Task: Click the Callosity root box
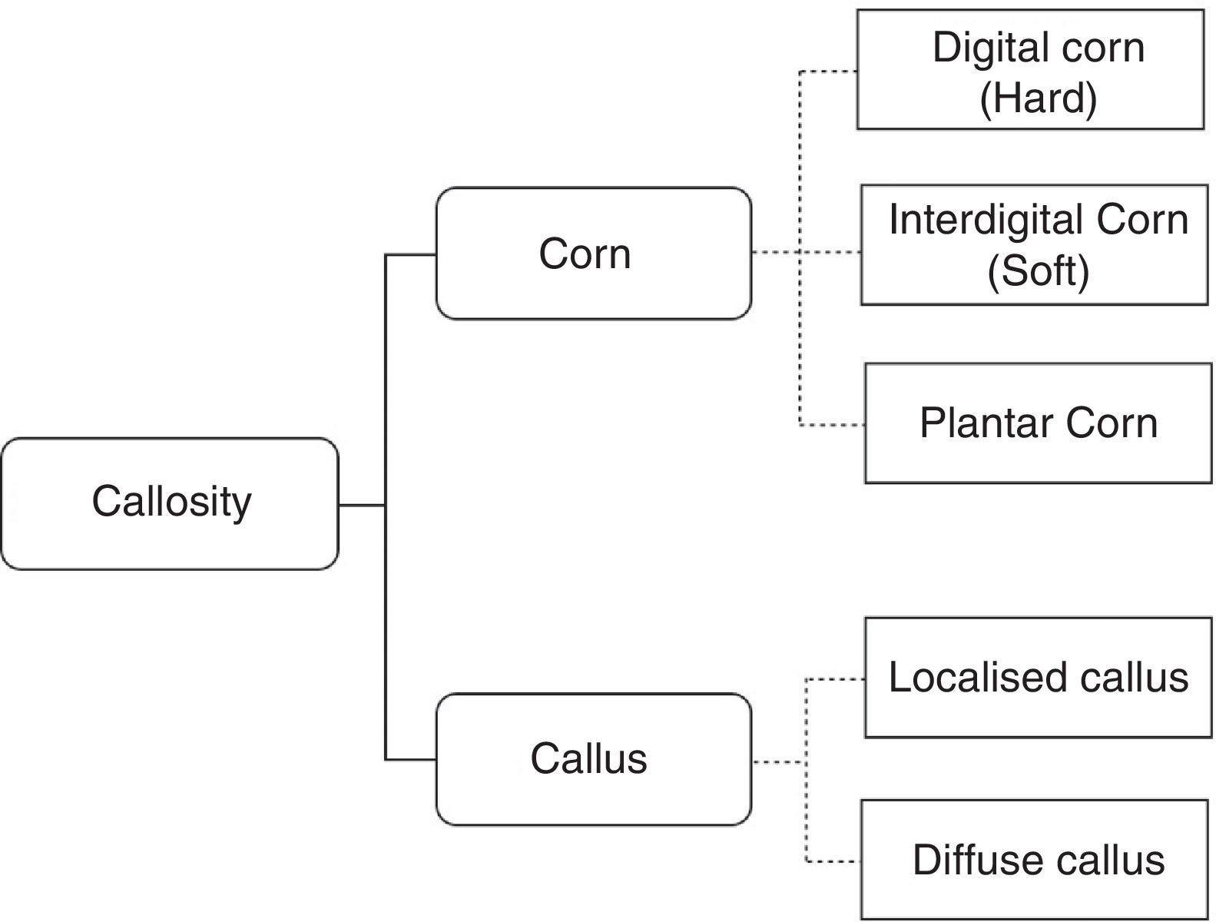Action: point(170,503)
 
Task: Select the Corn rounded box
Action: point(593,254)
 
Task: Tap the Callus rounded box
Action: point(593,759)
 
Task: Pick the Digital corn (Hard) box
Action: point(1029,70)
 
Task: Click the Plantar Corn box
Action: point(1038,423)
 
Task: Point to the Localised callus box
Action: point(1038,678)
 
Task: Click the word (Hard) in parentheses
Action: point(1038,98)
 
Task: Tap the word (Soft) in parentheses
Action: point(1038,270)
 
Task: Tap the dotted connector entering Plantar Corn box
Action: point(833,425)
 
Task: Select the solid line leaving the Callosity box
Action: point(361,505)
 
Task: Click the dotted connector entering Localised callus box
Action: point(836,679)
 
